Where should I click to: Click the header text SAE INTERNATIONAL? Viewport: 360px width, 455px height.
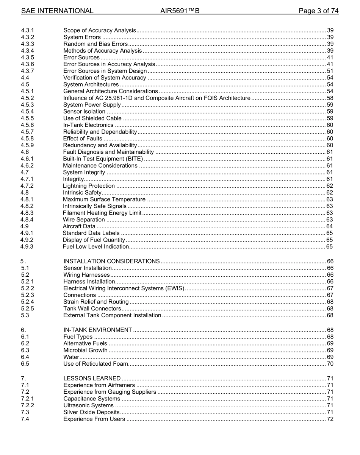[x=57, y=11]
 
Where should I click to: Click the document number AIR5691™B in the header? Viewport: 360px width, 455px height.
[x=180, y=11]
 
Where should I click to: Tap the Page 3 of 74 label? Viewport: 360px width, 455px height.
[x=318, y=11]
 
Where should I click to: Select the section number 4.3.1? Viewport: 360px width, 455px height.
[x=27, y=31]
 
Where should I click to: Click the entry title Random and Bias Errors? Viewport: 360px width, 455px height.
[x=95, y=44]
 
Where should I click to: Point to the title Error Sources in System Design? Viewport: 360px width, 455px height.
[x=105, y=71]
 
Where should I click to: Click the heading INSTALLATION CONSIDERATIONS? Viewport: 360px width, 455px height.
[x=111, y=262]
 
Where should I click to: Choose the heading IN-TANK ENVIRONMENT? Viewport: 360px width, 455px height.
[x=98, y=330]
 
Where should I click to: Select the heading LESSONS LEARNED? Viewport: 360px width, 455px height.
[x=92, y=379]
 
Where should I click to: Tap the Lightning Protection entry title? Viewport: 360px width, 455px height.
[x=89, y=186]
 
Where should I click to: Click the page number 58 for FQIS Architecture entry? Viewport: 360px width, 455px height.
[x=330, y=98]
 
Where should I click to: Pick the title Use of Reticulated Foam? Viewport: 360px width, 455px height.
[x=95, y=364]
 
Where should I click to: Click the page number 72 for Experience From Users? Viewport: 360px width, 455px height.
[x=330, y=419]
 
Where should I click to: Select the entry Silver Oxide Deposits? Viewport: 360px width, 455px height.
[x=91, y=412]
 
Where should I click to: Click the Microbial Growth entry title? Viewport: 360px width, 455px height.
[x=85, y=351]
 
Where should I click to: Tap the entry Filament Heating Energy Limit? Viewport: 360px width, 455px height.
[x=102, y=213]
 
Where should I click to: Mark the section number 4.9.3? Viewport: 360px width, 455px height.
[x=27, y=247]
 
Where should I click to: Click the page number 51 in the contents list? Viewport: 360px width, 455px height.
[x=330, y=71]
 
